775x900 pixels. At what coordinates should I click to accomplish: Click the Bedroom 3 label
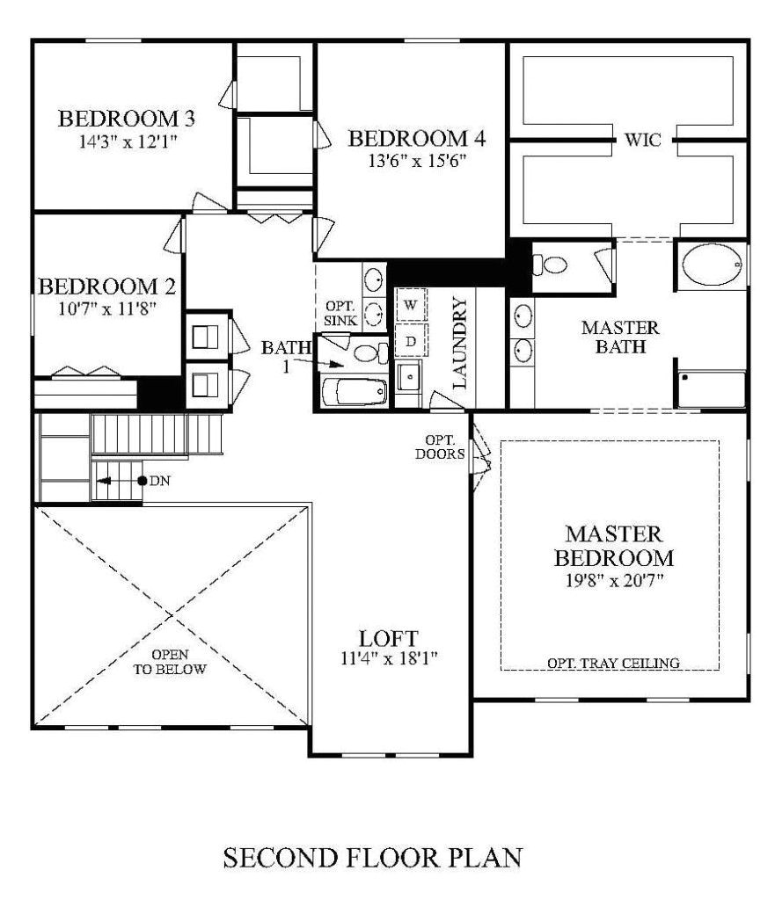126,118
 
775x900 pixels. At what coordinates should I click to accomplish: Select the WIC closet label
643,139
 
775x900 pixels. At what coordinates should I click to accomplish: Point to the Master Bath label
614,337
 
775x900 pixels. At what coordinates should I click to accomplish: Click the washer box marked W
410,306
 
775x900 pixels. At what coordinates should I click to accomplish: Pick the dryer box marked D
410,339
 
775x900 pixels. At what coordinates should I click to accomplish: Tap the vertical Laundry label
457,342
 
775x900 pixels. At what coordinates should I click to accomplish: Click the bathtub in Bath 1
354,392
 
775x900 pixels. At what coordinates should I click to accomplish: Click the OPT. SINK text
340,313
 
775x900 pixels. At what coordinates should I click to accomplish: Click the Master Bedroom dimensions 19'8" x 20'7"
613,580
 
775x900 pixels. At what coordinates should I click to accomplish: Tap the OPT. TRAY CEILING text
613,663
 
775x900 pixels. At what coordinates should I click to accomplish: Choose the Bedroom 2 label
107,287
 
